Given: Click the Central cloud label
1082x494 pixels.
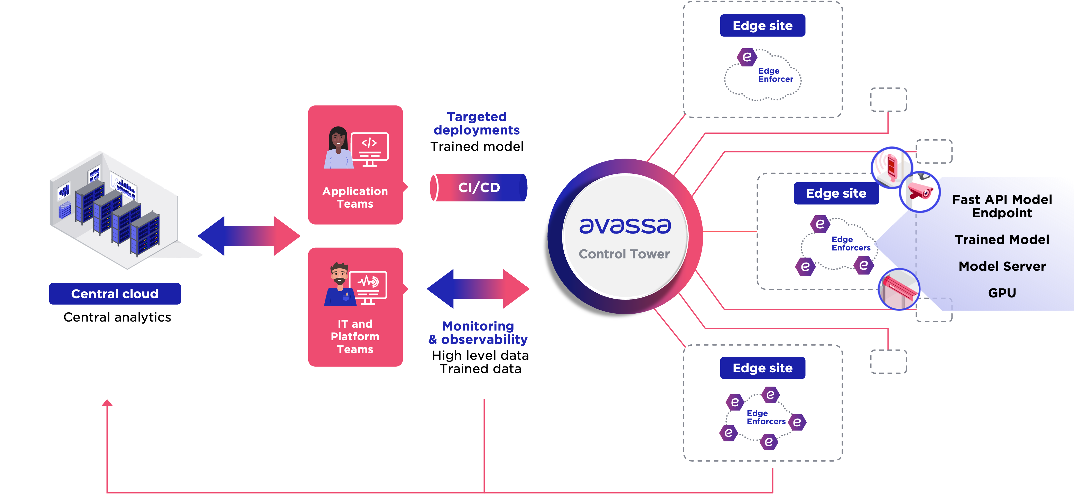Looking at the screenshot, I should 115,294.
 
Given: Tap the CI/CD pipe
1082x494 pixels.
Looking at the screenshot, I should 478,188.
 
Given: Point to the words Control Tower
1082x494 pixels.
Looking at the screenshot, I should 624,254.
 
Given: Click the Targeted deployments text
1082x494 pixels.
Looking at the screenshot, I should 477,123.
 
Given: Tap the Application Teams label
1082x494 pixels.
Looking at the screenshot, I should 355,197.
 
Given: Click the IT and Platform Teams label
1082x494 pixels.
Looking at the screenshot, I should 355,337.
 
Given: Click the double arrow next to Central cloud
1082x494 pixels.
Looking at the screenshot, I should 249,236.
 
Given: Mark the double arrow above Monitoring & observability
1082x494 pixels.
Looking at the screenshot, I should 478,289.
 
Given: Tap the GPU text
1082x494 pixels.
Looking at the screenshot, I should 1002,293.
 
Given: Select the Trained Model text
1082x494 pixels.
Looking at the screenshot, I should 1002,240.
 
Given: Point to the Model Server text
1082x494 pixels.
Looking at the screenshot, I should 1002,267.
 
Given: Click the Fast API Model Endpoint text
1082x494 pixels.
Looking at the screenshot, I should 1002,206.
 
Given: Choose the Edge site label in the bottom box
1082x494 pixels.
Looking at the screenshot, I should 762,368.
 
